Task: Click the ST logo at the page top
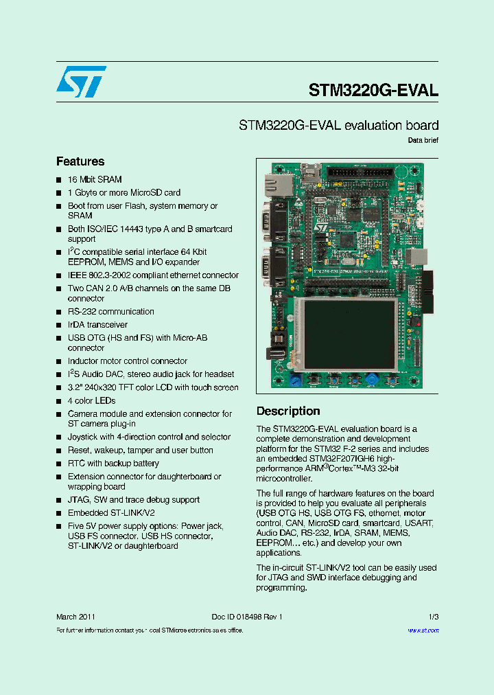[82, 82]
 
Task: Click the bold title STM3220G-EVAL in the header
[373, 90]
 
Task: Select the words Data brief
[423, 140]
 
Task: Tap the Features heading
[80, 161]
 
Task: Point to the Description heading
[288, 411]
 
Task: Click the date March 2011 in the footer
[75, 617]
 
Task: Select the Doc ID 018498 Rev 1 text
[247, 617]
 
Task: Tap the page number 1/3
[433, 617]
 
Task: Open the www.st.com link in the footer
[423, 630]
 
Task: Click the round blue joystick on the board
[371, 378]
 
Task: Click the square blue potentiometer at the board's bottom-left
[296, 380]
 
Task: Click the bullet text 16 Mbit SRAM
[95, 179]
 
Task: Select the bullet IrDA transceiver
[97, 325]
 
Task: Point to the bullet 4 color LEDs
[91, 401]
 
